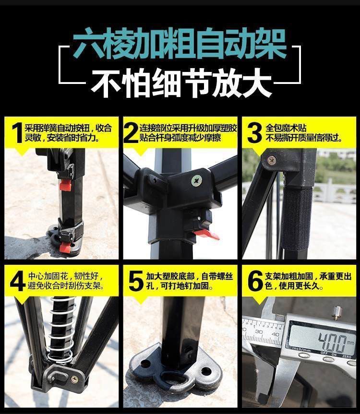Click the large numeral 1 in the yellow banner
[17, 132]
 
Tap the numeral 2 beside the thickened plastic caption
[131, 132]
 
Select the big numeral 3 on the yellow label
[254, 132]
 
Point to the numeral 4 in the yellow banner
[17, 281]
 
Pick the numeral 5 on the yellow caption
[136, 281]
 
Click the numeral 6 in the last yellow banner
[255, 281]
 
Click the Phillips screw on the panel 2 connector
[197, 181]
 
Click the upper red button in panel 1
[66, 185]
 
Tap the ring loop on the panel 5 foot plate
[173, 379]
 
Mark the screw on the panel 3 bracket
[272, 160]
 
